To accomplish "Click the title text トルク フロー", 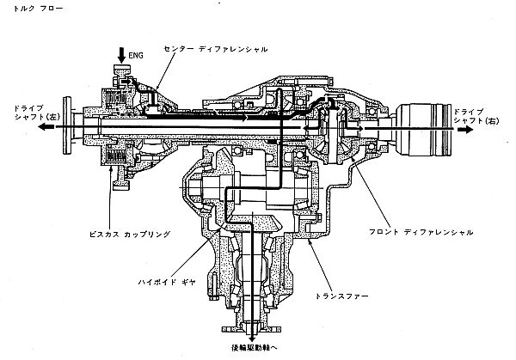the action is coord(38,9).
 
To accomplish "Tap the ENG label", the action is coord(136,55).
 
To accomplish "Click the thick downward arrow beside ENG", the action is coord(121,55).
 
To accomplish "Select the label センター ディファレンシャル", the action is coord(216,49).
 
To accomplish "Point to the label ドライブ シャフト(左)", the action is coord(36,113).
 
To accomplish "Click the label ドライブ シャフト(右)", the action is coord(476,116).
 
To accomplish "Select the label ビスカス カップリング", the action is coord(131,235).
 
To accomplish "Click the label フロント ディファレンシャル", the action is coord(421,232).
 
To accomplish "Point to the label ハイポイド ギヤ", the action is coord(167,282).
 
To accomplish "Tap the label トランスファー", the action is coord(342,296).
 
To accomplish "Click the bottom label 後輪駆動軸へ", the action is coord(253,347).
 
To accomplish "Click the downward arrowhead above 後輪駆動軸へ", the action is coord(252,339).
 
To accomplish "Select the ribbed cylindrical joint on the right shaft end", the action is coord(423,130).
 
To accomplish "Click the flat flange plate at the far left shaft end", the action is coord(67,125).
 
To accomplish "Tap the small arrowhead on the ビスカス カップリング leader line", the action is coord(112,169).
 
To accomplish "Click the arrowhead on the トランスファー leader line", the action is coord(309,242).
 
